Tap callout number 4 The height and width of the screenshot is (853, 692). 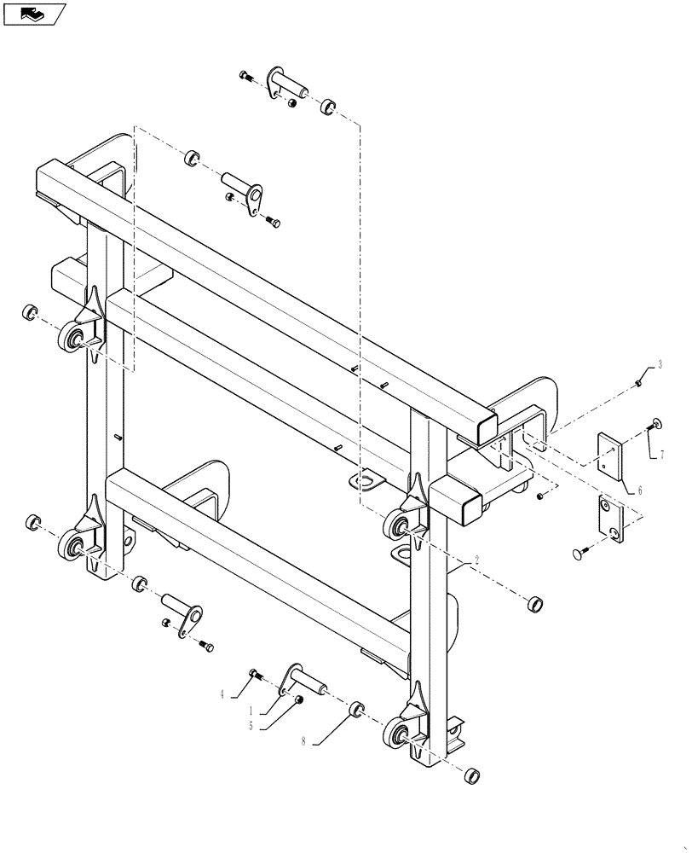pyautogui.click(x=222, y=694)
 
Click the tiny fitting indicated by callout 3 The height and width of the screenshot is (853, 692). pyautogui.click(x=638, y=386)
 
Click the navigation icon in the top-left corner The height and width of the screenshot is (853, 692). pyautogui.click(x=34, y=14)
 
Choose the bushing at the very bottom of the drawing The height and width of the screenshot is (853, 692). pyautogui.click(x=470, y=776)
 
